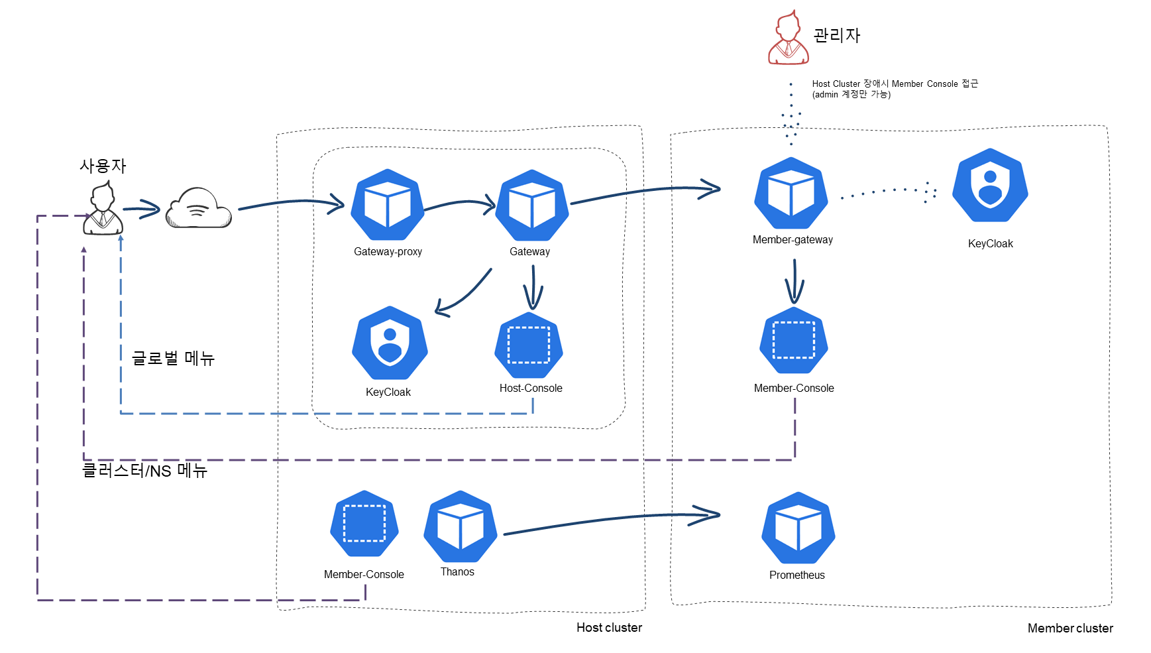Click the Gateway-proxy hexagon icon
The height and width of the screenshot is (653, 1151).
point(388,204)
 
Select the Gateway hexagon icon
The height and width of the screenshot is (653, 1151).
point(531,205)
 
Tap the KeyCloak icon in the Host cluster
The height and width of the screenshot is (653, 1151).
point(390,343)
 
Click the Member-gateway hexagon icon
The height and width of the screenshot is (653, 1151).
point(791,193)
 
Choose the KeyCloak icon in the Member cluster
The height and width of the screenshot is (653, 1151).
point(990,185)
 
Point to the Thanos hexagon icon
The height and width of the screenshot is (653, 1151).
point(461,527)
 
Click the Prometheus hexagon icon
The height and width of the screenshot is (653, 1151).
point(798,528)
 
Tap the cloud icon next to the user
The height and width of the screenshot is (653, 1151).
point(198,208)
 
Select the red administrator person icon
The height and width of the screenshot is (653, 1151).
point(788,37)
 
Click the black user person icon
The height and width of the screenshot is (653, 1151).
point(103,209)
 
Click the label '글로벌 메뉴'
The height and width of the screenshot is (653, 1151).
point(173,358)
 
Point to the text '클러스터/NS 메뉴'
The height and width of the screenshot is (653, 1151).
point(144,471)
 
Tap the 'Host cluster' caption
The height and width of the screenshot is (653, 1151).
point(609,627)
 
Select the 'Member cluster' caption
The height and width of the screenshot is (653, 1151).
point(1070,628)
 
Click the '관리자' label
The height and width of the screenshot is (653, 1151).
point(836,35)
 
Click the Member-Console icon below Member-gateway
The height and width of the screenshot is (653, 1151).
point(794,340)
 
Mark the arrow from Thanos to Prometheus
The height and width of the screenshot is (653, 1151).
point(612,519)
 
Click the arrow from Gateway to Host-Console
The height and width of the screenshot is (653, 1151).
point(533,288)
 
